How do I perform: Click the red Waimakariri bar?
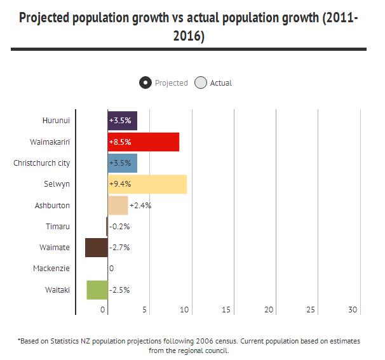pos(144,142)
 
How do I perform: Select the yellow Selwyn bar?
pos(147,184)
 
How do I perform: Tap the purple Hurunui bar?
pos(123,120)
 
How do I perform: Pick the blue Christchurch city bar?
pos(123,163)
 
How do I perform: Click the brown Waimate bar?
pos(96,248)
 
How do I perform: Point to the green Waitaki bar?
pos(97,290)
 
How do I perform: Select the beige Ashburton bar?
pos(118,206)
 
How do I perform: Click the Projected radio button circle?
pos(145,83)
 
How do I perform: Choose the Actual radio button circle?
pos(201,83)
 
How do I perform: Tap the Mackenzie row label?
pos(51,269)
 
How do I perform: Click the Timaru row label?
pos(58,226)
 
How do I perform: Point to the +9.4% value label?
pos(120,184)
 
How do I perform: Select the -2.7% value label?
pos(119,248)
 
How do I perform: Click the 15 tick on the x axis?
pos(226,310)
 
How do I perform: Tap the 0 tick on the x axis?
pos(103,310)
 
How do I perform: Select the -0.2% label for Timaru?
pos(119,227)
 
